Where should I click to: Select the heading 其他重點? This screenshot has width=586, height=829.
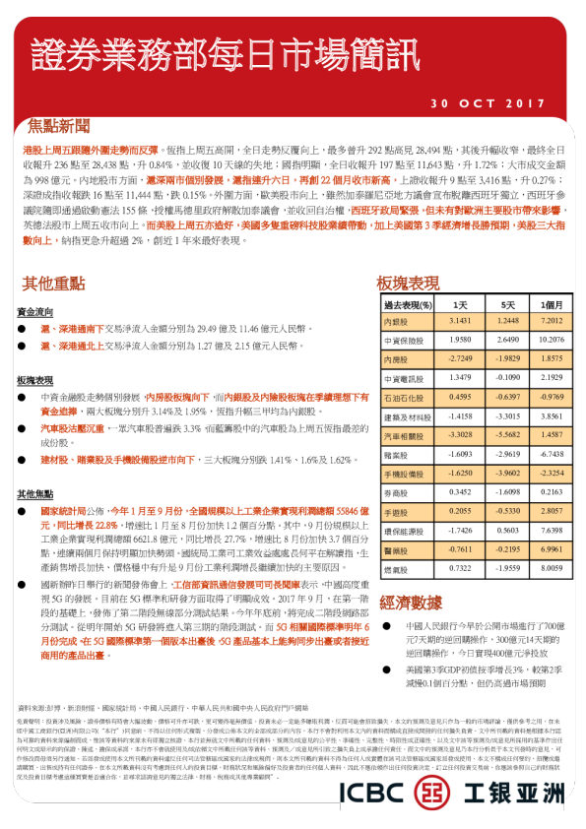(x=55, y=284)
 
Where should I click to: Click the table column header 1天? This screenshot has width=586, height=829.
(x=459, y=305)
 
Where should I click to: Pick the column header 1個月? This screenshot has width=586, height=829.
(x=551, y=305)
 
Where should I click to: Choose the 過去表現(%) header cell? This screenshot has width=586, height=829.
(x=409, y=305)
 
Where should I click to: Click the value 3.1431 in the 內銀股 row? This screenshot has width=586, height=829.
(x=459, y=321)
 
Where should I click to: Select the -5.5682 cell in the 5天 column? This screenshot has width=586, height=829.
(x=505, y=433)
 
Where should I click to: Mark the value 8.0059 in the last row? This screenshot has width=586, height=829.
(x=551, y=568)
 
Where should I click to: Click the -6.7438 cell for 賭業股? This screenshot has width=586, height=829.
(x=551, y=454)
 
